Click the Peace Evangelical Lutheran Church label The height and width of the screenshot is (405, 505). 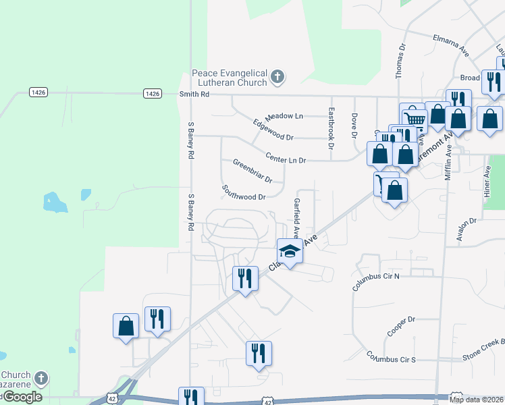(230, 78)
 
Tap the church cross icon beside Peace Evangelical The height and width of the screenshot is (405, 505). (277, 78)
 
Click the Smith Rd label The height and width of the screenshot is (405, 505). (194, 94)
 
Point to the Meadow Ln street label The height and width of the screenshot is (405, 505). (284, 116)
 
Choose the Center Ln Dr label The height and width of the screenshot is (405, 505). (286, 159)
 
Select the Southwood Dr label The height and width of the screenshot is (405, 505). (244, 192)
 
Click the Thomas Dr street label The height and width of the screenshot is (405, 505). (401, 61)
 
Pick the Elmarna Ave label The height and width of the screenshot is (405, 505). (451, 45)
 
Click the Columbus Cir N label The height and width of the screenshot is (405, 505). (376, 282)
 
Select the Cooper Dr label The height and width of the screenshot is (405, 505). (400, 327)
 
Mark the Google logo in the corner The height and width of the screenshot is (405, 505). (22, 397)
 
